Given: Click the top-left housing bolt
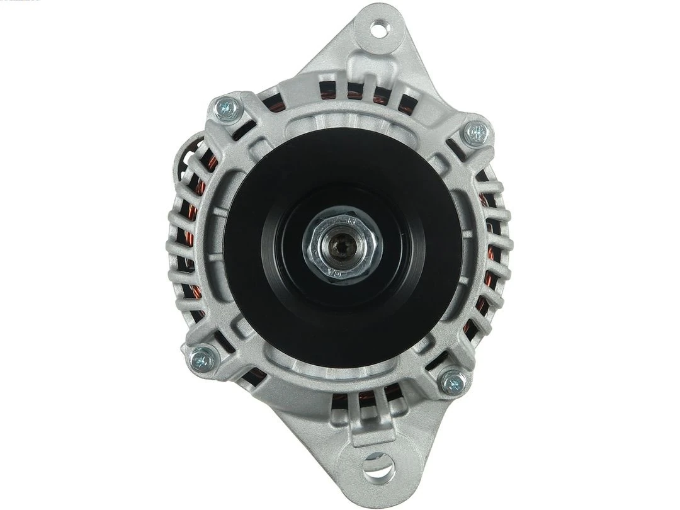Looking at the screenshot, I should tap(227, 109).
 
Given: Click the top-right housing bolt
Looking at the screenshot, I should tap(476, 133).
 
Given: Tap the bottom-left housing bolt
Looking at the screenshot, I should tap(203, 359).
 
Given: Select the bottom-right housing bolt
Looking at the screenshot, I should tap(453, 382).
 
